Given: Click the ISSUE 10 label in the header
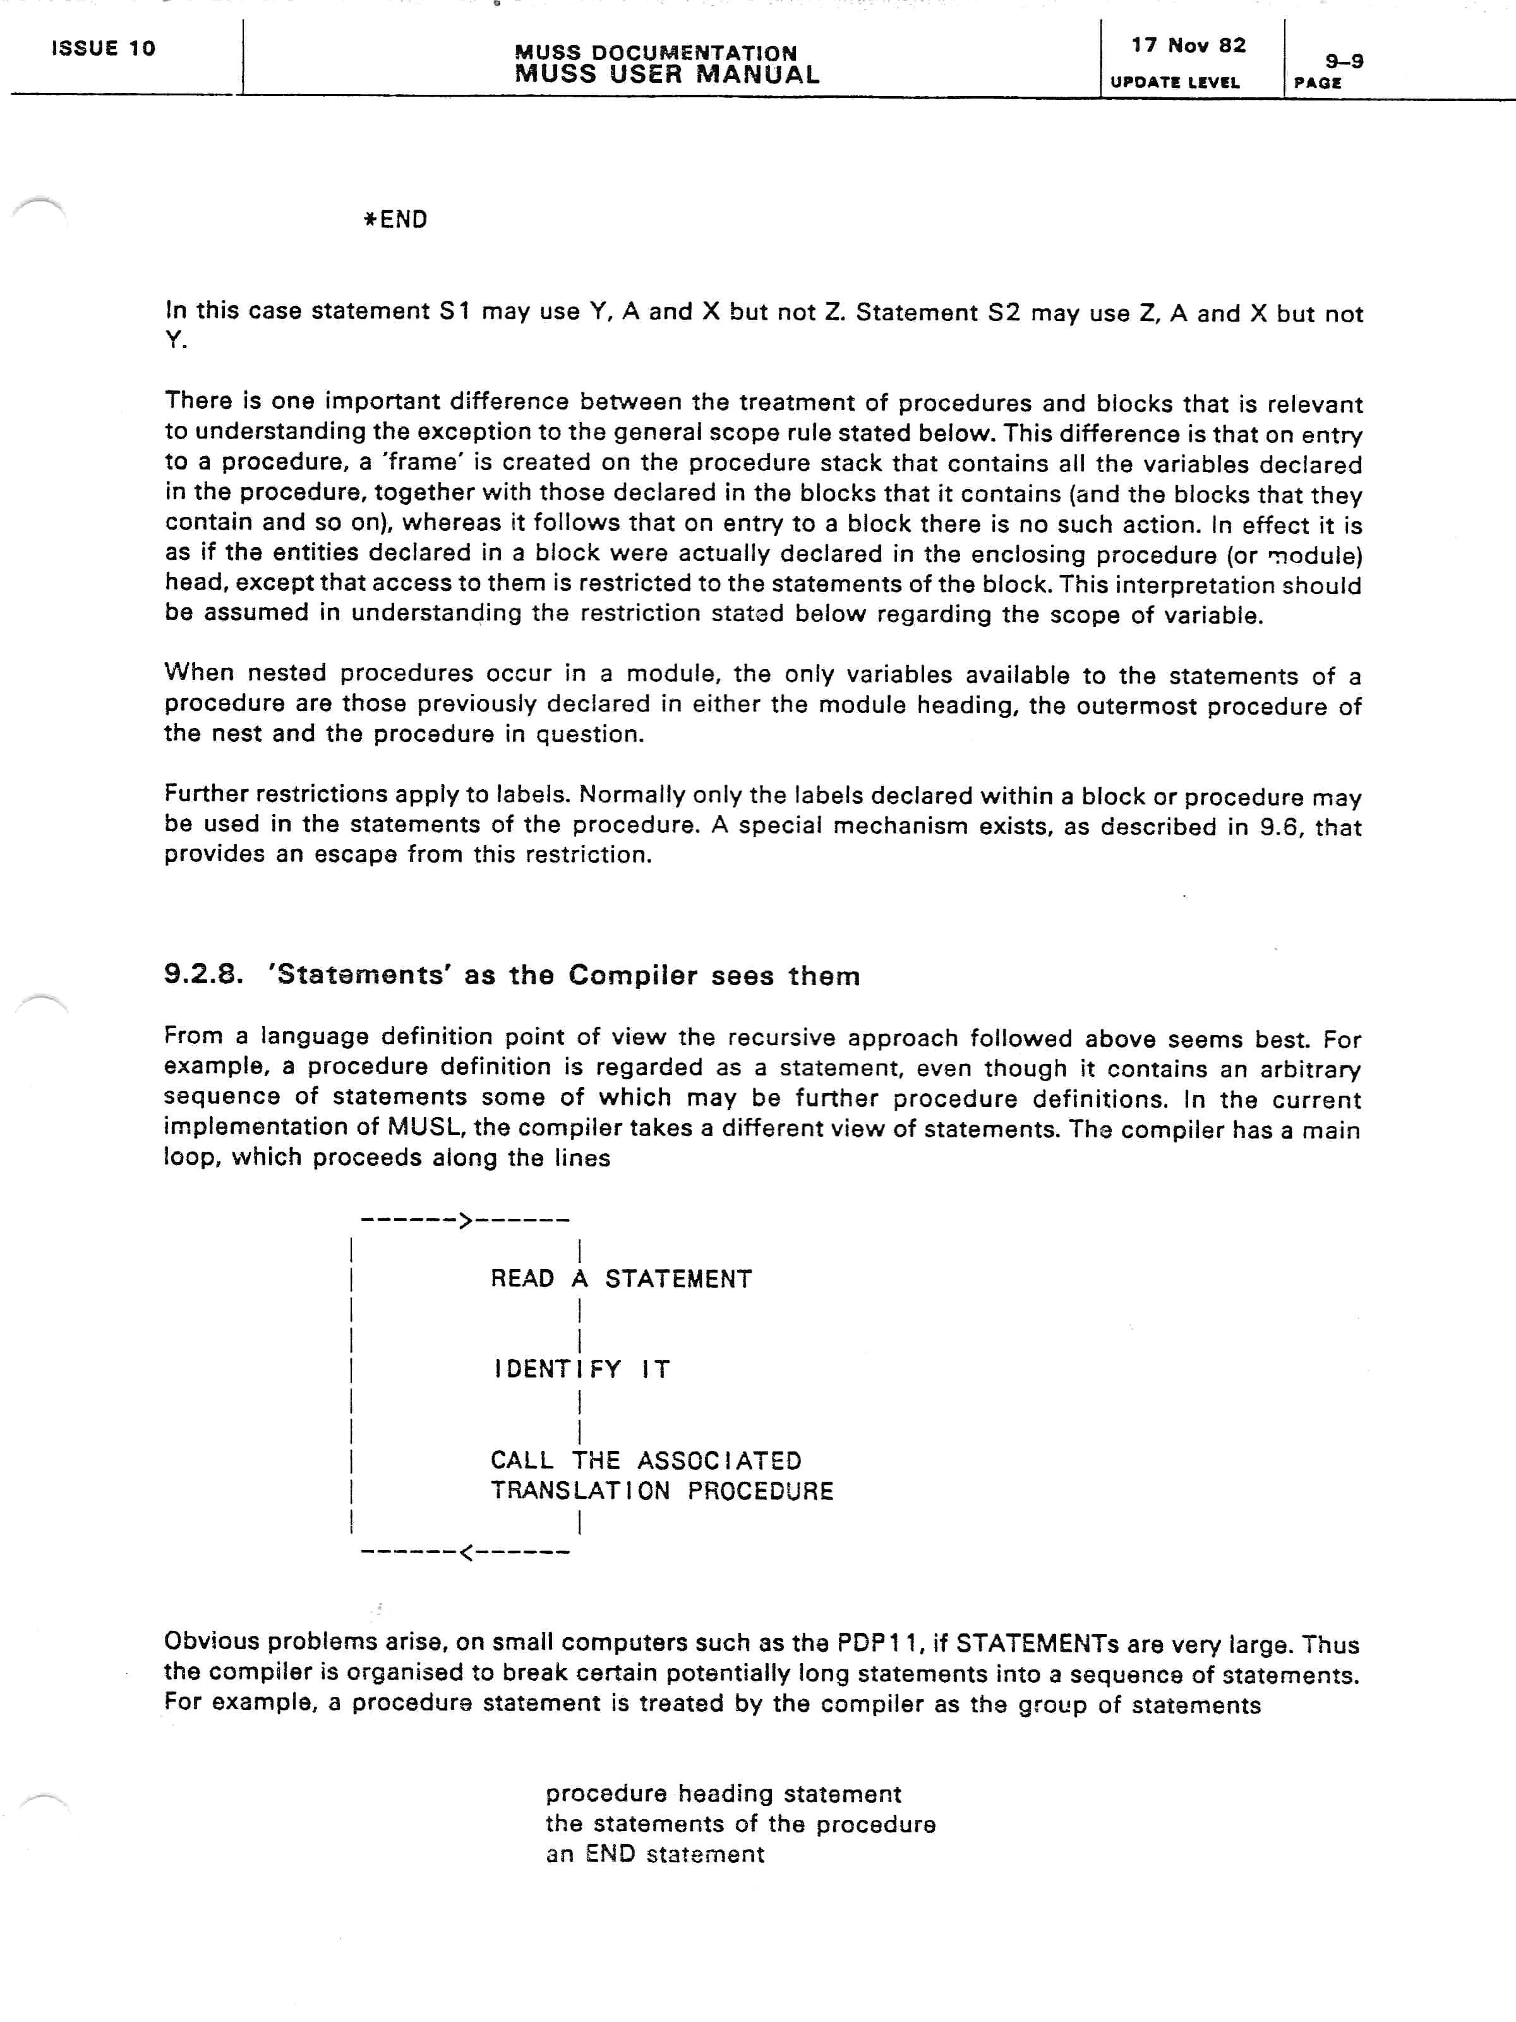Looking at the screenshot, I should click(x=103, y=49).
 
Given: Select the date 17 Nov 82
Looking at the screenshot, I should click(x=1188, y=45).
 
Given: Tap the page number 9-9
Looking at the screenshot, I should click(x=1344, y=61).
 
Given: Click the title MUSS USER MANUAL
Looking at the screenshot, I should click(x=667, y=75).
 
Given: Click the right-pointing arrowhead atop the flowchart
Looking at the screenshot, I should click(x=465, y=1220).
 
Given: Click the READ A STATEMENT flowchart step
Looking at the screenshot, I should click(x=622, y=1279).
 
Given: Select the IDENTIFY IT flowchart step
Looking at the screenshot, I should click(x=582, y=1369).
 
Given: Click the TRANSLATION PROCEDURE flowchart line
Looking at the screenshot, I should click(x=661, y=1491).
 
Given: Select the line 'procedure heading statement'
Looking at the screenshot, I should click(x=723, y=1795).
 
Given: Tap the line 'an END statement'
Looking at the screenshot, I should click(x=654, y=1855).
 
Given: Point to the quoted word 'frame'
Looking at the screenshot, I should click(x=424, y=463).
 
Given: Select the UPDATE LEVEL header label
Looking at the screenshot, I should click(x=1174, y=82).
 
